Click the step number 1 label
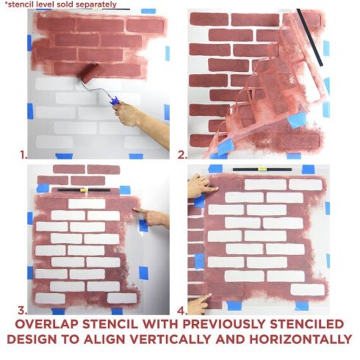tap(23, 153)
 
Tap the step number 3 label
tap(23, 310)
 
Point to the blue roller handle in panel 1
tap(114, 99)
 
